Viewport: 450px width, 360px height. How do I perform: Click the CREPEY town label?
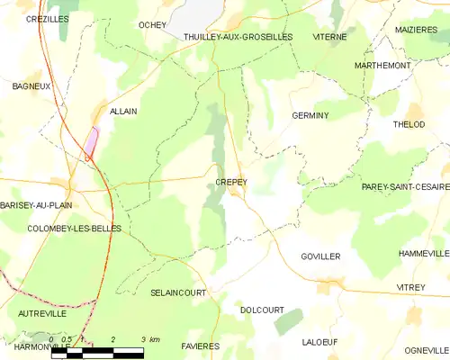(x=231, y=182)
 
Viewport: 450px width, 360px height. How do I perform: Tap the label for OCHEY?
(x=153, y=25)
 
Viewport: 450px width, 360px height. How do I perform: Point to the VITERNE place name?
(x=328, y=37)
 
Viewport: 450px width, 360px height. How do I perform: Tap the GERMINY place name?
(x=310, y=116)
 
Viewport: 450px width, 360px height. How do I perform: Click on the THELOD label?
(x=409, y=124)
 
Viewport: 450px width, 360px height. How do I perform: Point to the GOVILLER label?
(x=321, y=256)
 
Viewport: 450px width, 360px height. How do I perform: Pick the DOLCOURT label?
(x=263, y=310)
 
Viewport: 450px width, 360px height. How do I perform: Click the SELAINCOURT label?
(x=178, y=293)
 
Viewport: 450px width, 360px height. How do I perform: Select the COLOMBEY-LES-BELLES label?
(x=62, y=229)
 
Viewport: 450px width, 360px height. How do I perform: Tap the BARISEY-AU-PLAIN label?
(x=36, y=205)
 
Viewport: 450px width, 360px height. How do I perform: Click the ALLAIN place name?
(x=122, y=111)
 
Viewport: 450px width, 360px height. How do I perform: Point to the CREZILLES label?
(x=48, y=18)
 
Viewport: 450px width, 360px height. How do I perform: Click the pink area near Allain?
(x=91, y=143)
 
